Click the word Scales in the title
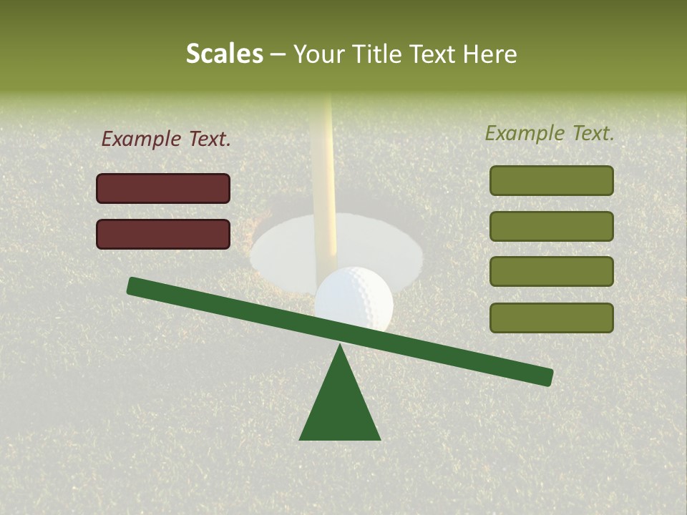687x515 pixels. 224,54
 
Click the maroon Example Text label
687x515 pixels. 166,139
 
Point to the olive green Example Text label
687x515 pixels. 550,133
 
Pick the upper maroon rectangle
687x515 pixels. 163,188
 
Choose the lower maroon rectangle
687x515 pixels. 163,234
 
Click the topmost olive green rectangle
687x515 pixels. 551,180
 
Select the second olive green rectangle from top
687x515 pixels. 551,226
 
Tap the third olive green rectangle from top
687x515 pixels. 551,272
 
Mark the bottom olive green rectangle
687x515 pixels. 551,318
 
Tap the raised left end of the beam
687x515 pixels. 136,286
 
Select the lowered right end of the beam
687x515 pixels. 544,376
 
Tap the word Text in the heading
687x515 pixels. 429,54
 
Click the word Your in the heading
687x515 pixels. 317,54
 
